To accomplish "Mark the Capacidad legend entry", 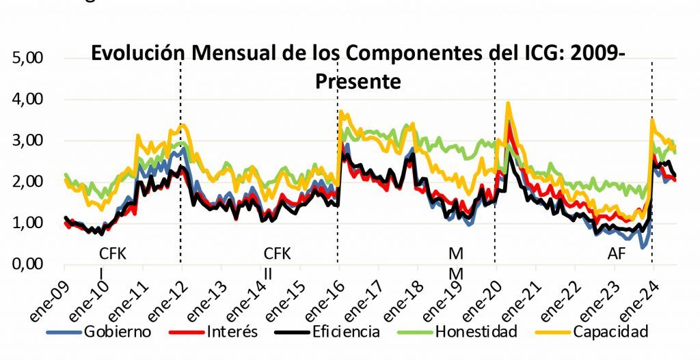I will click(610, 333).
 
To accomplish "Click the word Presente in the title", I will click(358, 81).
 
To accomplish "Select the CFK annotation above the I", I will click(113, 253).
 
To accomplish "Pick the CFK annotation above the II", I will click(277, 253).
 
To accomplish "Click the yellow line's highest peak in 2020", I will click(508, 103).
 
